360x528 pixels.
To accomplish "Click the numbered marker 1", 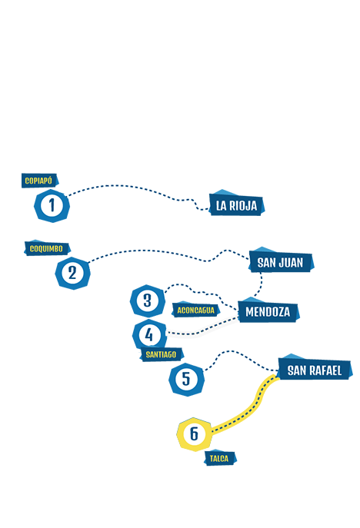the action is (52, 205).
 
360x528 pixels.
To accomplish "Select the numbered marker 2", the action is (72, 273).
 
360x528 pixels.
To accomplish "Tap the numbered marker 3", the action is (148, 301).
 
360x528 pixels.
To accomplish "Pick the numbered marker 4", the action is (149, 334).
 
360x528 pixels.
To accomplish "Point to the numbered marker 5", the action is (186, 379).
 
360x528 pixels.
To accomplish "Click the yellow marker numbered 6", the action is (195, 433).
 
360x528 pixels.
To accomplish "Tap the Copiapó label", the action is (39, 181).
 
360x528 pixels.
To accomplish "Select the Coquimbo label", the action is (47, 248).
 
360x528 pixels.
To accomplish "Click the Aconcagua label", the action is (195, 310).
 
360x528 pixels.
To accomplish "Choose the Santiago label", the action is (162, 354).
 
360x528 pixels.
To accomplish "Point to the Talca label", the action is (220, 458).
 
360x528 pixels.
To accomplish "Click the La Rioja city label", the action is (236, 204).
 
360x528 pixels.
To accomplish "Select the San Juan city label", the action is (281, 261).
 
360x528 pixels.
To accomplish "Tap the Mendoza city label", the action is (268, 310).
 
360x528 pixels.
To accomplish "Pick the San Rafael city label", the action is (315, 370).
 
